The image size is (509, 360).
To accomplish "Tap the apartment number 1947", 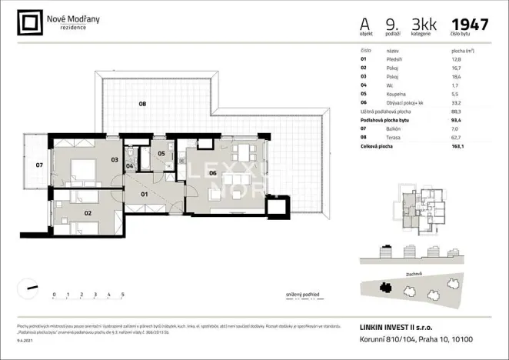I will (x=470, y=24).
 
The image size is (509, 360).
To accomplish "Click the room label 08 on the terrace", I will (x=142, y=103).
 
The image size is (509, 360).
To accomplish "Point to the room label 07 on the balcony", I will (x=39, y=165).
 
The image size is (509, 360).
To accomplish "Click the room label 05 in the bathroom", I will (x=161, y=153).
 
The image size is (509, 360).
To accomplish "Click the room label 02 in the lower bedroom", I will (x=88, y=213).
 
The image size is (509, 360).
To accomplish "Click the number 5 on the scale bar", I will (x=123, y=295).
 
